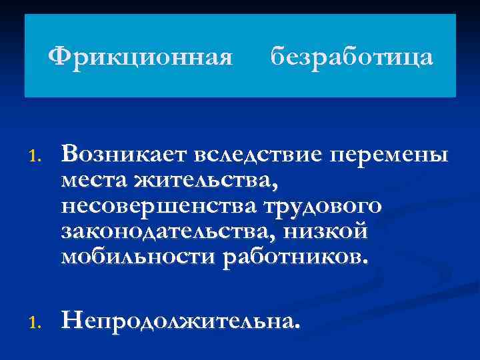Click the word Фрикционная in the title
[141, 57]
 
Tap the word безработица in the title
[352, 57]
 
